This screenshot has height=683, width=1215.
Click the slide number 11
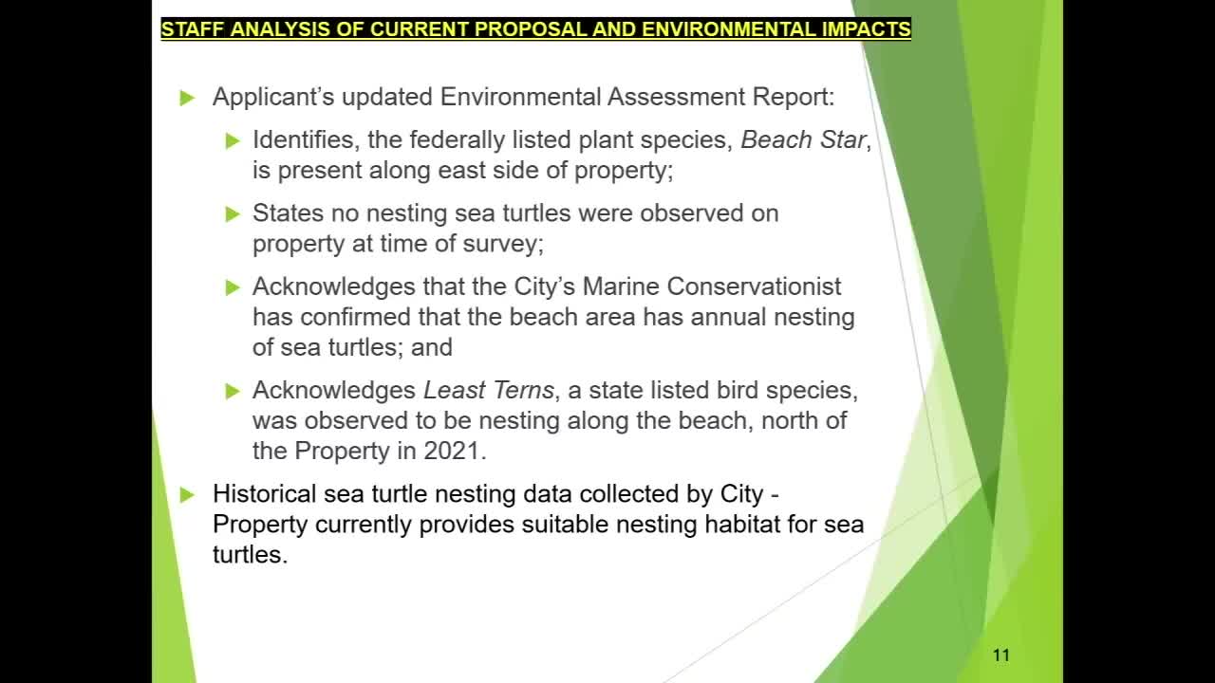pos(1000,655)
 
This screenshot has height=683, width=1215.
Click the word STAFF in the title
pos(192,29)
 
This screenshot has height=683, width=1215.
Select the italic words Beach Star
pos(803,139)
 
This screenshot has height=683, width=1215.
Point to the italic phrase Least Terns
pos(488,390)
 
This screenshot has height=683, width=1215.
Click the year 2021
pos(452,451)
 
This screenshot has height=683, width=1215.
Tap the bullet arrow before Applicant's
pos(187,98)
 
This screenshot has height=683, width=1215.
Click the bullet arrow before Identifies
pos(233,140)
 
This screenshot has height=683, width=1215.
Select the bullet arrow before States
pos(233,213)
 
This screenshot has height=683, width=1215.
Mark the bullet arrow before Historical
pos(187,495)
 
